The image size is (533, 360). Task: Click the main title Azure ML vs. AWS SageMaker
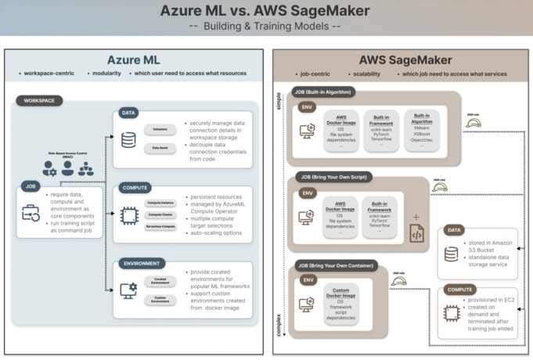pos(266,11)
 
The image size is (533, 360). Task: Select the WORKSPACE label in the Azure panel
pos(40,101)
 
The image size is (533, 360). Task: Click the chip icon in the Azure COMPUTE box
pos(128,213)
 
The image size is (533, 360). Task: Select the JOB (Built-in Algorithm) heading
pos(323,92)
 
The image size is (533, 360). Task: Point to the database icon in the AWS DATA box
pos(451,255)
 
